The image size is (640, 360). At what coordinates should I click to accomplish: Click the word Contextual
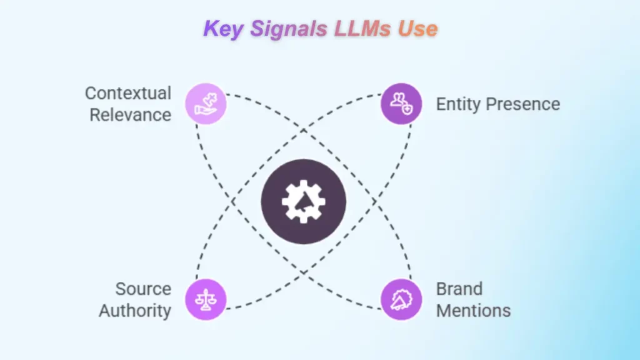click(128, 94)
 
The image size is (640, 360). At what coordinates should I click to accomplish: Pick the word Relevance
click(130, 115)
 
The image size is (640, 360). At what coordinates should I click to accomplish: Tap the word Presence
click(523, 104)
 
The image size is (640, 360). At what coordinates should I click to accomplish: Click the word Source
click(143, 289)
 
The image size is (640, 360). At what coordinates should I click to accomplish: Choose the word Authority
click(135, 310)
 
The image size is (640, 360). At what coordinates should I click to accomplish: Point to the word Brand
click(459, 289)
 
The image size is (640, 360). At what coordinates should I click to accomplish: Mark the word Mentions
click(473, 310)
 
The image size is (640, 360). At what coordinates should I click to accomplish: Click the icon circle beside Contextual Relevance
click(206, 104)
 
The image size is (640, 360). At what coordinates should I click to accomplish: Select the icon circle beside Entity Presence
click(401, 104)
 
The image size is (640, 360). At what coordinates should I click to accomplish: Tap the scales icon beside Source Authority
click(206, 299)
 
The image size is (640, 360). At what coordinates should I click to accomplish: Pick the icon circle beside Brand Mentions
click(401, 299)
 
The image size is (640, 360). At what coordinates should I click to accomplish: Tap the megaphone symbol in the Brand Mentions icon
click(401, 301)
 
